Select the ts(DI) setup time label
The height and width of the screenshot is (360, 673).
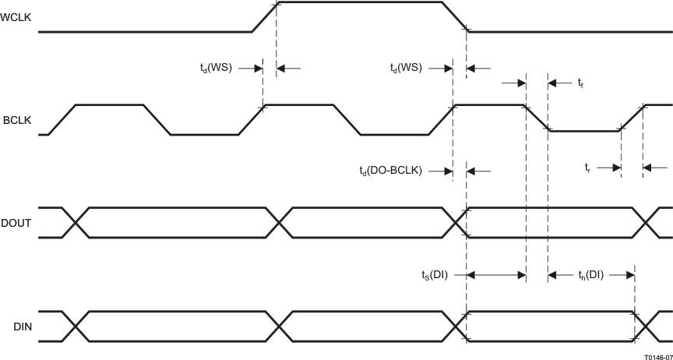pos(433,274)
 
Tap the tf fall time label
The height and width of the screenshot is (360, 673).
pos(580,83)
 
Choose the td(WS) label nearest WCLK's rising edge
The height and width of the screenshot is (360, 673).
pos(215,68)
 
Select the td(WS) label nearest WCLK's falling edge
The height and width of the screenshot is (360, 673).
pos(405,68)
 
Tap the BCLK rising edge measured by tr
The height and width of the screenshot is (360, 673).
pos(632,118)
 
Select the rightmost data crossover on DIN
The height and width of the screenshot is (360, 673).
pos(646,326)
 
